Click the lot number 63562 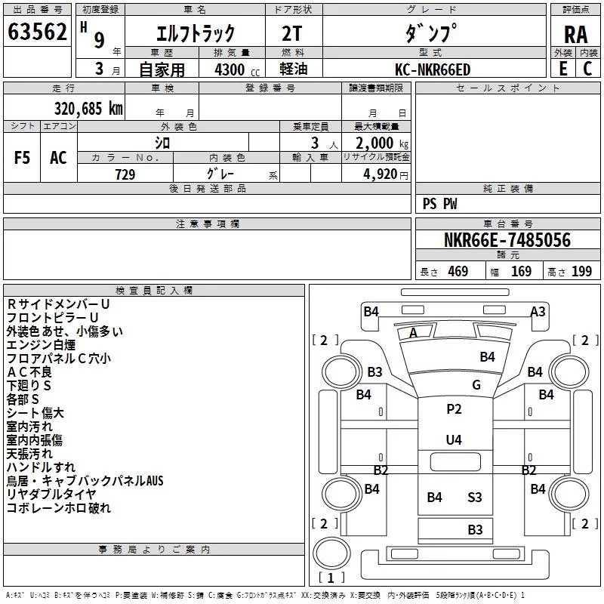[37, 32]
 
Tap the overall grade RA [575, 35]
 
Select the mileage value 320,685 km [88, 109]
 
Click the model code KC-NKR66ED [433, 69]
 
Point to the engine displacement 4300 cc [237, 69]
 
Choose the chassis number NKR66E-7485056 [507, 240]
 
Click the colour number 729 [125, 174]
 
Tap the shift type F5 [22, 158]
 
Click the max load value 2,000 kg [382, 143]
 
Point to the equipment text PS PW [439, 204]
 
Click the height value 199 [581, 272]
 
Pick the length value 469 [458, 272]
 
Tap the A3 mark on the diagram [538, 311]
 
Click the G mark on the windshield [476, 384]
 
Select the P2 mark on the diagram [454, 408]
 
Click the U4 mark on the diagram [454, 439]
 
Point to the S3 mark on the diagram [475, 498]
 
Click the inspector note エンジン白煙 [41, 344]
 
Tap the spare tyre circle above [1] [331, 553]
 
